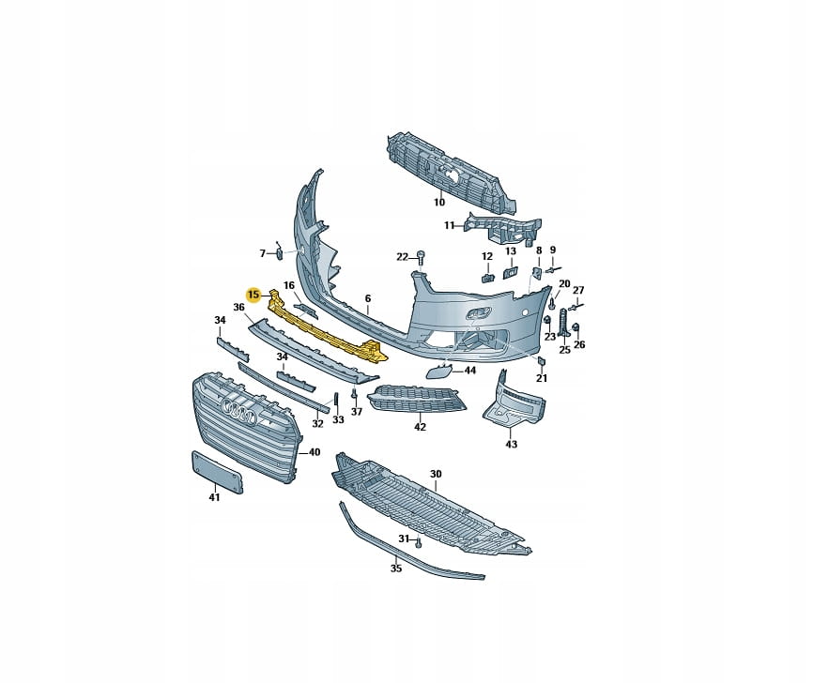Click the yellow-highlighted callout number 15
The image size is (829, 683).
[x=253, y=295]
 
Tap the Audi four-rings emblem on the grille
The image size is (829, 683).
[x=239, y=410]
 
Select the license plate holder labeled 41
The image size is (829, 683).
[x=217, y=472]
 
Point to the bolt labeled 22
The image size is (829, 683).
[x=421, y=259]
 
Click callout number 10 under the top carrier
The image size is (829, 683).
[x=439, y=202]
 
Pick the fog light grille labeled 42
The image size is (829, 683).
[x=417, y=399]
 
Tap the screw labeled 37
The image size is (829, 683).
[x=355, y=394]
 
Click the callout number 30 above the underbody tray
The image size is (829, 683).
[x=436, y=475]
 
